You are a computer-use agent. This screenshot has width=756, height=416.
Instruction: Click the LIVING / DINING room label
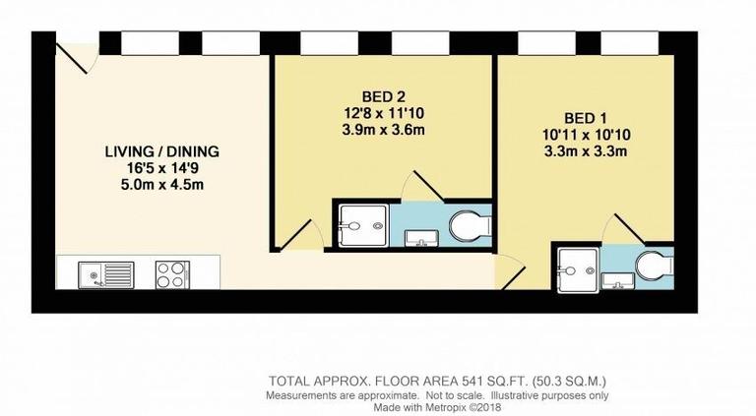pos(161,151)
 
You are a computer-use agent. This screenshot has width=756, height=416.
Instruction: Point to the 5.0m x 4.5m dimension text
pos(161,185)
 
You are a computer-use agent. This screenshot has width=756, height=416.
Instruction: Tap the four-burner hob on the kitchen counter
pos(172,272)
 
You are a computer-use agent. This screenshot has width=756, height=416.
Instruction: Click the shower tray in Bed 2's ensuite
pos(360,225)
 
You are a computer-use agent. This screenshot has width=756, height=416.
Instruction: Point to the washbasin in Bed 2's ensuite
pos(422,237)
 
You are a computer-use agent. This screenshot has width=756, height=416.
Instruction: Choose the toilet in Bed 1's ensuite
pos(652,267)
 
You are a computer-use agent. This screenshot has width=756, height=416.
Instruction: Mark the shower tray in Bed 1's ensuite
pos(576,269)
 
